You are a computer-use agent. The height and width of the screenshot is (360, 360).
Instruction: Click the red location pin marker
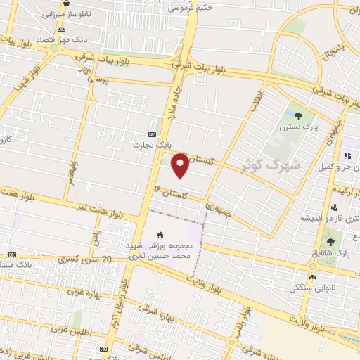click(181, 165)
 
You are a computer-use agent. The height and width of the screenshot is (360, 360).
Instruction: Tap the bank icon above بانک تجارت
click(153, 134)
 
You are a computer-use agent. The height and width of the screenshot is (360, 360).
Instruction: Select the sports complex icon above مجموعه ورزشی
click(160, 235)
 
